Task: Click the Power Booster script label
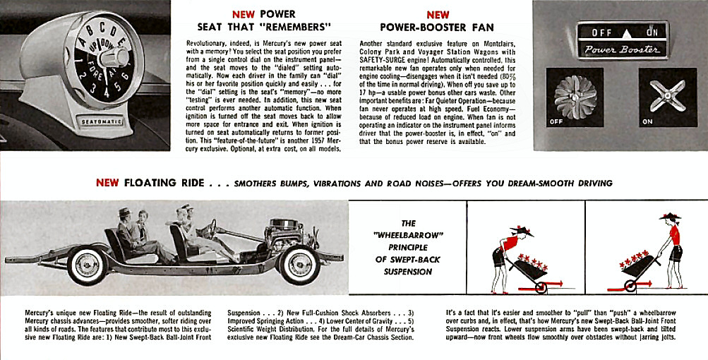[623, 49]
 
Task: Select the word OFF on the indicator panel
[601, 32]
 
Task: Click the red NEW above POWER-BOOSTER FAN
[438, 15]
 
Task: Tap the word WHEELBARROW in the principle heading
[408, 236]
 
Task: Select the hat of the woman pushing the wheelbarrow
[668, 216]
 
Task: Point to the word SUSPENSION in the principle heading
[408, 271]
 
